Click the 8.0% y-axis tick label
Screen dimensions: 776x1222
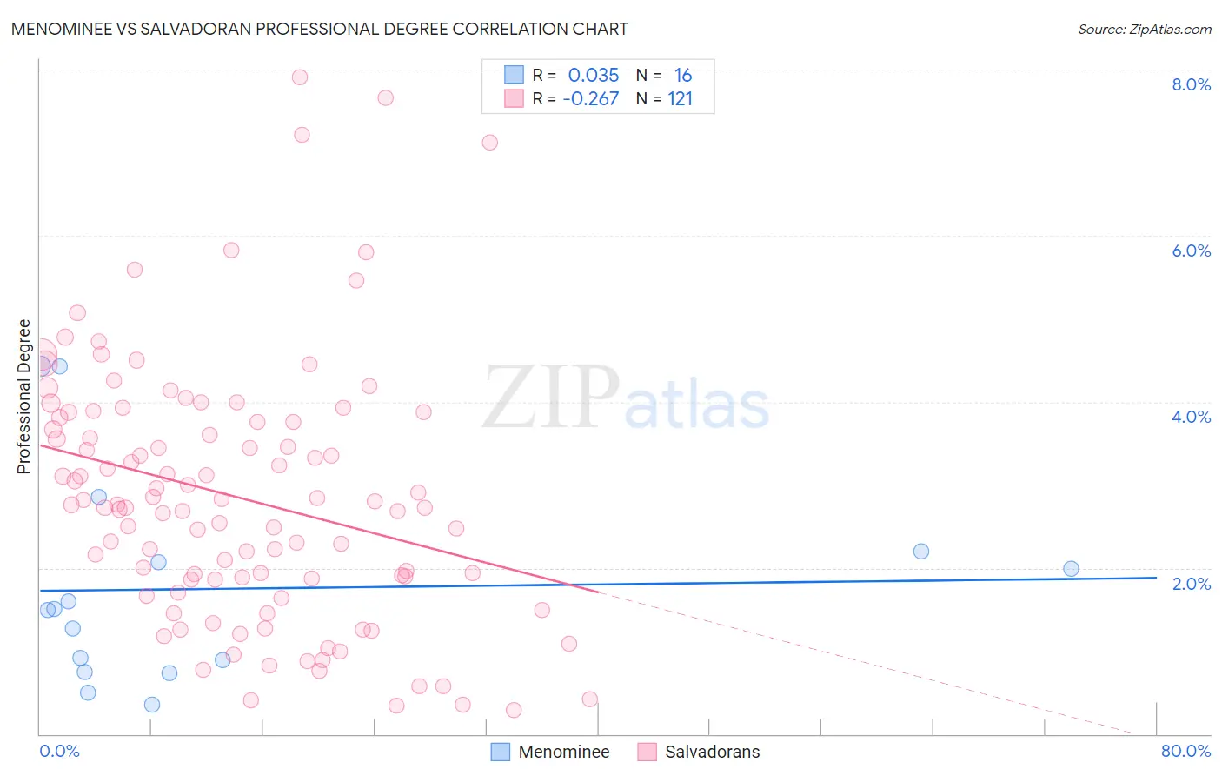[1191, 84]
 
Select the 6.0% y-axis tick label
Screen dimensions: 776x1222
[1191, 251]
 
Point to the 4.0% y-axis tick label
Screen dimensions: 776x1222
[1191, 417]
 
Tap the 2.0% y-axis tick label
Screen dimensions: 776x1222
[1191, 584]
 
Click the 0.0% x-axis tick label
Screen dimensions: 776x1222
[59, 752]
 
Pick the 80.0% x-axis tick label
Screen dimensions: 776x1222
[1185, 752]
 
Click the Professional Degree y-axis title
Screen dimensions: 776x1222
[23, 397]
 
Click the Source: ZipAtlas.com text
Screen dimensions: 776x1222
[1144, 29]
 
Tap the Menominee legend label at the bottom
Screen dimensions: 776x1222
[563, 753]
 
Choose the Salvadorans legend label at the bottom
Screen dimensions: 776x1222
[712, 753]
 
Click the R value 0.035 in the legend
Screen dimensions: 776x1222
[594, 76]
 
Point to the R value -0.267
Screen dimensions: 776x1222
[591, 99]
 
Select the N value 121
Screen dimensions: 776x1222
[681, 99]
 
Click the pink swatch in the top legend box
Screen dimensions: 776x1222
[515, 99]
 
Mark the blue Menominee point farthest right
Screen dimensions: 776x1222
[1071, 569]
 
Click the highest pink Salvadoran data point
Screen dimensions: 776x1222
[300, 77]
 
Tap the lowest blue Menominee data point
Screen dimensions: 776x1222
[152, 705]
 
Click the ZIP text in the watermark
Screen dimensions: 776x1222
[551, 397]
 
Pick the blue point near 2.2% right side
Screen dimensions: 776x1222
[921, 552]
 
